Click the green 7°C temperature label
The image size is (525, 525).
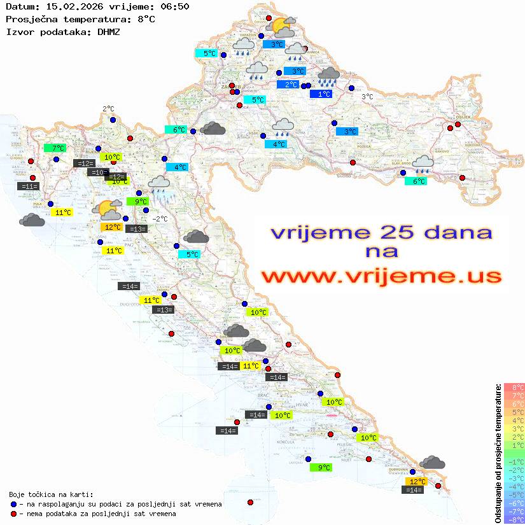point(55,148)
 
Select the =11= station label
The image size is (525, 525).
point(29,186)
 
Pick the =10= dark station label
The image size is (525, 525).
point(97,172)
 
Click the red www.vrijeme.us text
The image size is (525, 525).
point(381,276)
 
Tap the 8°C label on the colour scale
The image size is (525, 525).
point(514,387)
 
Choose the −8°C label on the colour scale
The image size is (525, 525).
point(514,520)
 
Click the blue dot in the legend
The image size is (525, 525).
point(14,504)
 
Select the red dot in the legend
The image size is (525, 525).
point(14,514)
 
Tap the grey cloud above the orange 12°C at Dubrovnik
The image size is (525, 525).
point(433,462)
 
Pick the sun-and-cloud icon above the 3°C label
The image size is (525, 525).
point(282,27)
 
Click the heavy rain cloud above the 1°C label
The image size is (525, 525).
point(328,76)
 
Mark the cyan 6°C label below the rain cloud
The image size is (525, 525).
point(416,181)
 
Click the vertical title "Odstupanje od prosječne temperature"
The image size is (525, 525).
point(498,453)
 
